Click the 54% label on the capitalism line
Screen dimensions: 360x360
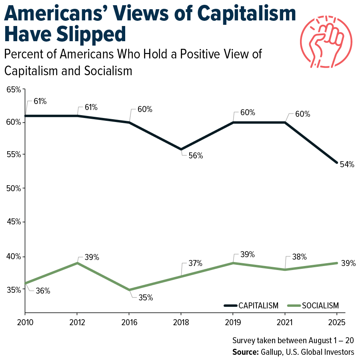pos(347,164)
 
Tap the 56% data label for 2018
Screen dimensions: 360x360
pos(196,156)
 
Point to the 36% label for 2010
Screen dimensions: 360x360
pos(43,291)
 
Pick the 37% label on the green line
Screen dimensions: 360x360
pos(196,263)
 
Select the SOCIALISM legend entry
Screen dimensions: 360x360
pos(320,306)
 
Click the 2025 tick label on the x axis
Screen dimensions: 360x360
pos(336,322)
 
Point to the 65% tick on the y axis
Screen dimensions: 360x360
pos(14,89)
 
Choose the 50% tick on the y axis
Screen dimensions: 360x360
pos(14,188)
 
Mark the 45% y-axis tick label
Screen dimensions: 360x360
pos(14,222)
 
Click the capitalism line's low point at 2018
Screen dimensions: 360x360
pos(181,149)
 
